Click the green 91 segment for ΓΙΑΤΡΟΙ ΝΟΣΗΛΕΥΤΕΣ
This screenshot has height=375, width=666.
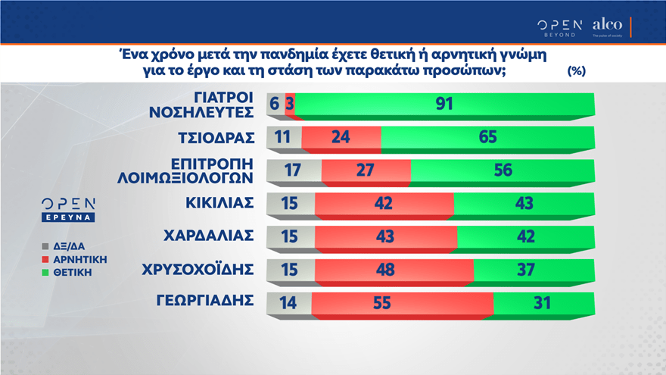pos(445,105)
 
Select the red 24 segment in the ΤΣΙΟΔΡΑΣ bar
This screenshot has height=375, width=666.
pos(341,137)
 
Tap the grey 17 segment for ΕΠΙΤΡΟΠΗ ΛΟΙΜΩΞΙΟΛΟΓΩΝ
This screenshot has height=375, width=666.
pos(294,170)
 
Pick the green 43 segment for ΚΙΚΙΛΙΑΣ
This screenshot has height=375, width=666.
pos(524,204)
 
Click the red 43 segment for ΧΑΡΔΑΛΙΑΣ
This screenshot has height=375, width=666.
pos(386,237)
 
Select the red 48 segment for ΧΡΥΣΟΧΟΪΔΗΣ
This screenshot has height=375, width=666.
pos(394,270)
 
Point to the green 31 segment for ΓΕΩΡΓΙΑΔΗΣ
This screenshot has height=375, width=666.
pos(544,303)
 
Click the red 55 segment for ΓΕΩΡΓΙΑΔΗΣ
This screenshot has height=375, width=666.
pos(403,303)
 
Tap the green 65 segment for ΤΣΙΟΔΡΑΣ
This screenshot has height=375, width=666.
pos(488,137)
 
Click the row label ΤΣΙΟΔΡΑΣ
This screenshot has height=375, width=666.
pos(216,138)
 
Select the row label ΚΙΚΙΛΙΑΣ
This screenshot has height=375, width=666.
pos(219,203)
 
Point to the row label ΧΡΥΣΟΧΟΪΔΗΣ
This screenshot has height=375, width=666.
pos(198,269)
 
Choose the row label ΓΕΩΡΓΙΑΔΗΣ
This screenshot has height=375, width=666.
pos(205,301)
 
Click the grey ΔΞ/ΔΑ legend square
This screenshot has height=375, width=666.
pos(45,246)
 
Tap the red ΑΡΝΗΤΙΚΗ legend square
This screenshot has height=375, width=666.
pos(45,259)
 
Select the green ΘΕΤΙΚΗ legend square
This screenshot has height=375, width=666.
pos(45,273)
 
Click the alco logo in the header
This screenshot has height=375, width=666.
pos(608,27)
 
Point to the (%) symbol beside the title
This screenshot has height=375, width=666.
pos(577,70)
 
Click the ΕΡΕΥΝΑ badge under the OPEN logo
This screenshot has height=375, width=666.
pos(68,217)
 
